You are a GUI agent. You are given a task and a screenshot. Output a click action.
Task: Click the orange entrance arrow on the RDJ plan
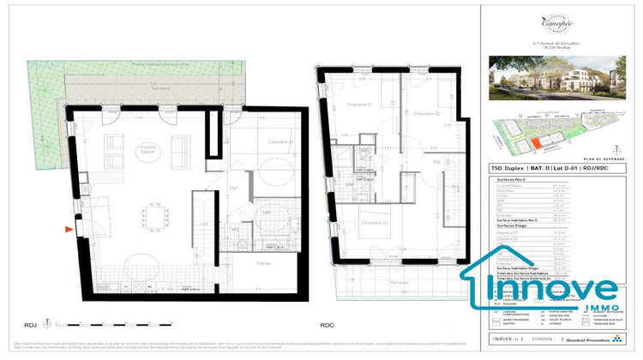[69, 229]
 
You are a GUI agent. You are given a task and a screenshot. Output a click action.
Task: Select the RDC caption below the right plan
[327, 325]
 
